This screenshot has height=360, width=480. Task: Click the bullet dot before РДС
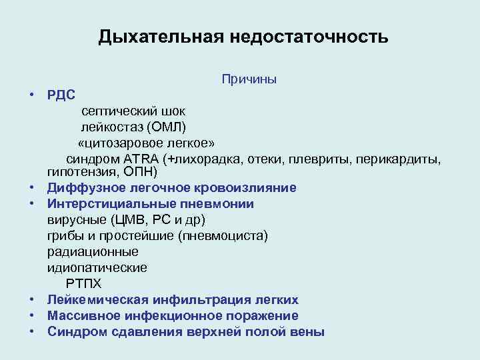(31, 95)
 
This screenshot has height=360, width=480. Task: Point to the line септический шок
(134, 110)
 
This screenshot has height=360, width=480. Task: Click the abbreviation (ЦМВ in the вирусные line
(117, 220)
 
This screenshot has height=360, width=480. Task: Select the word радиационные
(93, 252)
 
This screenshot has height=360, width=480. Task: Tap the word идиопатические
(97, 268)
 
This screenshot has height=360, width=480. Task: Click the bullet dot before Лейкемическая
(31, 300)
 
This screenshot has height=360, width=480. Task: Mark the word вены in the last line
(310, 331)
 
